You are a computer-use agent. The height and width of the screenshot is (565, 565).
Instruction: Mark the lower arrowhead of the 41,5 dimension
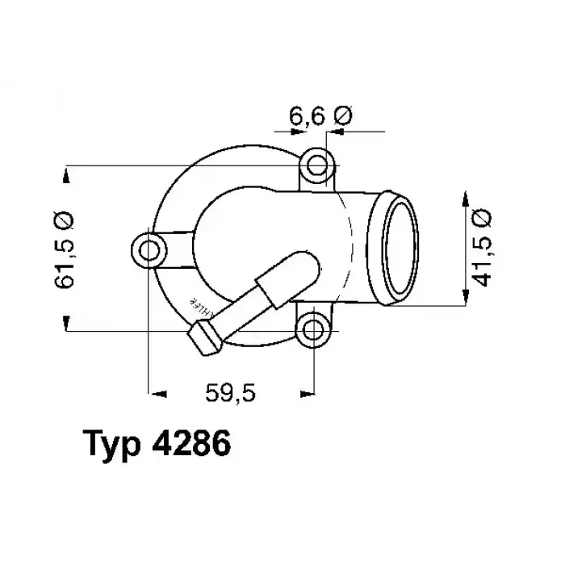pos(466,297)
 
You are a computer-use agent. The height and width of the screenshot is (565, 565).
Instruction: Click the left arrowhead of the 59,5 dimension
pos(157,393)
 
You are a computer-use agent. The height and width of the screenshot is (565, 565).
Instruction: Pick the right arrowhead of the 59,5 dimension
pos(306,393)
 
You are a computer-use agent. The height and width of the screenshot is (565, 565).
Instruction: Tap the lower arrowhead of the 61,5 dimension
pos(65,324)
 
